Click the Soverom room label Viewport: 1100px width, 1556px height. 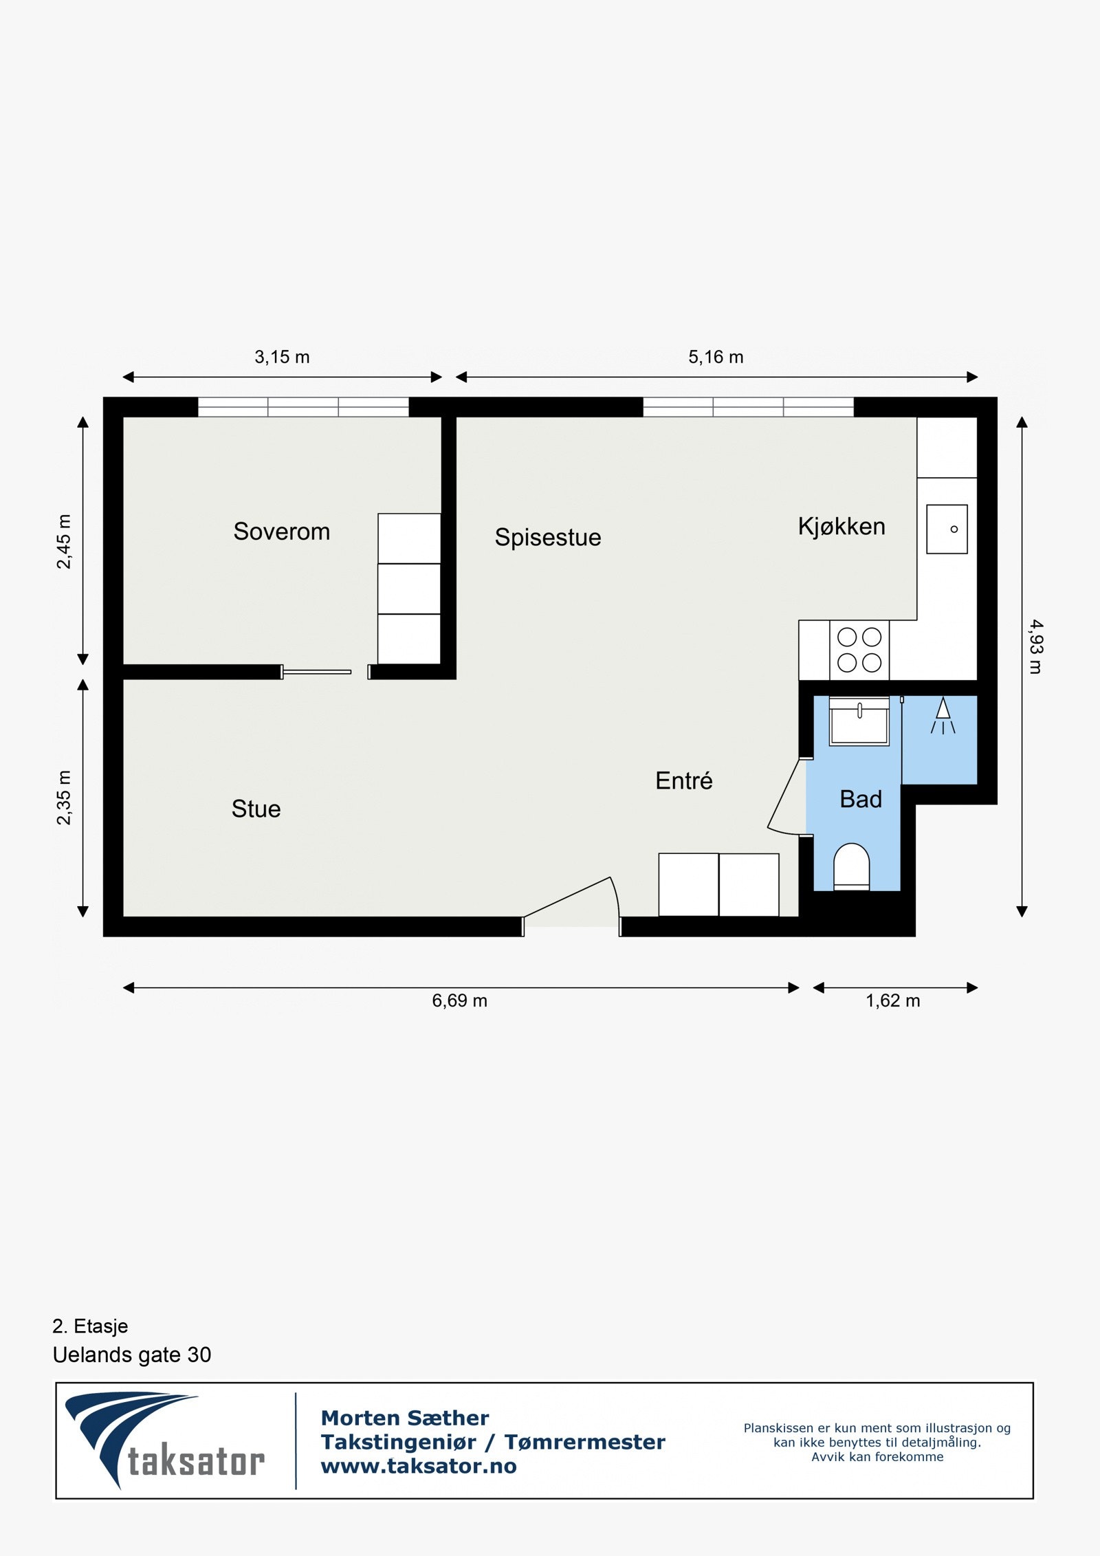pos(281,532)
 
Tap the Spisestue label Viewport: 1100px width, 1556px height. pos(547,537)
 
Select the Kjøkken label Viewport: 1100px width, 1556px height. pos(841,526)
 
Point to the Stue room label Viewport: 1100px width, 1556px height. pos(256,809)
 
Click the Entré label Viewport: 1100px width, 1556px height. pos(683,780)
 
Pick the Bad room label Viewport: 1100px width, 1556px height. pos(860,799)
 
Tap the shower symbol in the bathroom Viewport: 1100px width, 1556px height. pos(943,716)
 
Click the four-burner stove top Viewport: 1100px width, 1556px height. pos(859,650)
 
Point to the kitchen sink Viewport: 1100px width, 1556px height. pos(947,529)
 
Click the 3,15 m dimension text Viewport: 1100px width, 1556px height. pos(282,357)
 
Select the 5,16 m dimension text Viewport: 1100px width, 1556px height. pos(716,357)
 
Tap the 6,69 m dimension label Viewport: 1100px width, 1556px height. pos(459,1000)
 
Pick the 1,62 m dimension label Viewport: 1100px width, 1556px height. pos(892,1000)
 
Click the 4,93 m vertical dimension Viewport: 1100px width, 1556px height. pos(1035,646)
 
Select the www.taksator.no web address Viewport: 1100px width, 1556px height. pos(418,1466)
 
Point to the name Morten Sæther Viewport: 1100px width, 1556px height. pos(404,1418)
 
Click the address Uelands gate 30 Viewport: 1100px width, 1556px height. pos(132,1355)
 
